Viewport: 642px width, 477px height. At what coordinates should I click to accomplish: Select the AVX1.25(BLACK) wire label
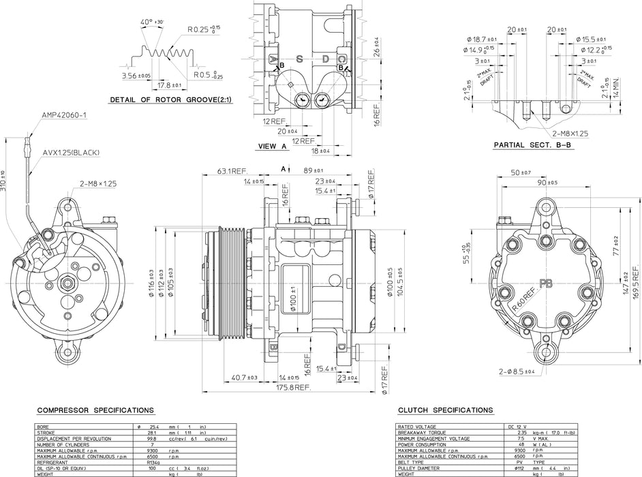coord(70,152)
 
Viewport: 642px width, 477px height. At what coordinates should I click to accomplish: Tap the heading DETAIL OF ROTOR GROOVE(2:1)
coord(171,100)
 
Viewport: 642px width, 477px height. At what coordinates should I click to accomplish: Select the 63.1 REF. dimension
coord(232,170)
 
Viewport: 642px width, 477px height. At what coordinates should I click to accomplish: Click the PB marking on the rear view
coord(546,282)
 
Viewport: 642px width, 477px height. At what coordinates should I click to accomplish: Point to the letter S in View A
coord(299,59)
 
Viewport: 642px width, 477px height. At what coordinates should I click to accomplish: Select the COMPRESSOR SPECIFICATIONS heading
coord(95,410)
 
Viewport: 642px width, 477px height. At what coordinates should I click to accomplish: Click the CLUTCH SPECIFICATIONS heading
coord(445,410)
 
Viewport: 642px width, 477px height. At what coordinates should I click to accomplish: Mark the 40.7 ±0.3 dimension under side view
coord(245,377)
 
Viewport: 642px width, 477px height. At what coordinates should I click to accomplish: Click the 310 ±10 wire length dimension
coord(5,182)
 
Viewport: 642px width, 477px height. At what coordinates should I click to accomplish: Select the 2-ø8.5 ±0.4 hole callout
coord(519,371)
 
